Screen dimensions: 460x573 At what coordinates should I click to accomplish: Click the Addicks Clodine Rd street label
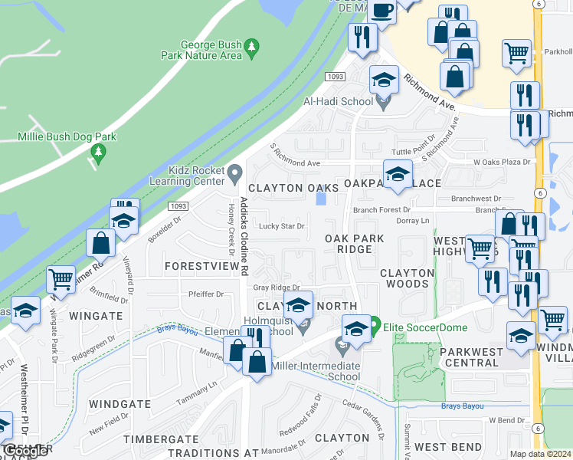pyautogui.click(x=244, y=236)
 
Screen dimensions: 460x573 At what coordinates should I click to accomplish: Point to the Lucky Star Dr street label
pyautogui.click(x=281, y=226)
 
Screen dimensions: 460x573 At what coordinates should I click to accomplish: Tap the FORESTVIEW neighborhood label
pyautogui.click(x=202, y=266)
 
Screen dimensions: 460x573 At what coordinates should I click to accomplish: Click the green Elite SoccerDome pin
pyautogui.click(x=375, y=324)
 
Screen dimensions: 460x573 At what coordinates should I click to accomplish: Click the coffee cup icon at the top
pyautogui.click(x=382, y=11)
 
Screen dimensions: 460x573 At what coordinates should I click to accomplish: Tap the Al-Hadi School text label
pyautogui.click(x=338, y=101)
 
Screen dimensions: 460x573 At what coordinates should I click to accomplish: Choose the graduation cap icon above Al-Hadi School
pyautogui.click(x=384, y=79)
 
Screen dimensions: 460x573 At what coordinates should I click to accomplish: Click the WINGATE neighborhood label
pyautogui.click(x=96, y=315)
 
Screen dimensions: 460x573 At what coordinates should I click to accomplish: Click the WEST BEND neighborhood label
pyautogui.click(x=449, y=447)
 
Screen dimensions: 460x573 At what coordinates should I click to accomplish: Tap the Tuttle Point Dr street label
pyautogui.click(x=412, y=150)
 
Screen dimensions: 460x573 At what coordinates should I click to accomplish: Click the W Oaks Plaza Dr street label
pyautogui.click(x=502, y=162)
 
